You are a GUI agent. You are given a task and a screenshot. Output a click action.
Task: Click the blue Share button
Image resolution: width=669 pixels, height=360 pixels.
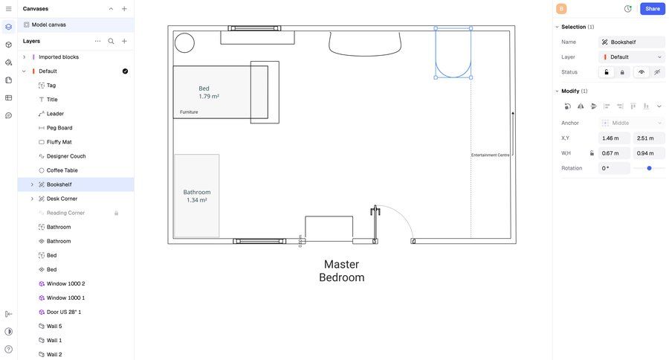coord(652,9)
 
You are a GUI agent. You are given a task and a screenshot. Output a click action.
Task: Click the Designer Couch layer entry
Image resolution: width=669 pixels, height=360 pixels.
coord(65,156)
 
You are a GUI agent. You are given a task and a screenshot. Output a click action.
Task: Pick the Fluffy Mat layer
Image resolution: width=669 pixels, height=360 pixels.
coord(59,142)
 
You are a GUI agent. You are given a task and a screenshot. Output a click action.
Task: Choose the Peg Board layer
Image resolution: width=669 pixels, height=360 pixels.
coord(59,128)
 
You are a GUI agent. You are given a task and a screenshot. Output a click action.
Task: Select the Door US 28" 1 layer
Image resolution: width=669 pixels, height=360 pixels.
coord(64,312)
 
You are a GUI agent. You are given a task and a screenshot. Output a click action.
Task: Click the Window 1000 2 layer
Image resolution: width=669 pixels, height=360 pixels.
coord(65,283)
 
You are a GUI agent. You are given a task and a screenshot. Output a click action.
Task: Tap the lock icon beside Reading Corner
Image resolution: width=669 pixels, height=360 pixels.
coord(116,213)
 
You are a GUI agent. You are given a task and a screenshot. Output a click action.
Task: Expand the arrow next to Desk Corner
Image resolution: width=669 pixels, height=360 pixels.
coord(32,199)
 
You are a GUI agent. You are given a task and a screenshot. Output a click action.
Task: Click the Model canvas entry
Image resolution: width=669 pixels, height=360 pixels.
coord(48,25)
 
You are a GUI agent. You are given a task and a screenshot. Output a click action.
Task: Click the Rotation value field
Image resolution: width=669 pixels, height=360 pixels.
coord(614,168)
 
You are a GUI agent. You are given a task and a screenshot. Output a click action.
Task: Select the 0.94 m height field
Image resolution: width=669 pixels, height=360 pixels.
coord(648,153)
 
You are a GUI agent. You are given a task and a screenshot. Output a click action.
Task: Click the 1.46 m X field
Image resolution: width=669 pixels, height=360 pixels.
coord(614,138)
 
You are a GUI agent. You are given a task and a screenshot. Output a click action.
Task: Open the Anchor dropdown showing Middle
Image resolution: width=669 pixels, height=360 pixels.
coord(632,123)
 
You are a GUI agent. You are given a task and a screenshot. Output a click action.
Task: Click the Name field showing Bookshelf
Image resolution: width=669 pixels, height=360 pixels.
coord(632,42)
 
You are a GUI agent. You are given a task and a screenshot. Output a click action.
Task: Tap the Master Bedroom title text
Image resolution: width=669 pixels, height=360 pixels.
coord(341,271)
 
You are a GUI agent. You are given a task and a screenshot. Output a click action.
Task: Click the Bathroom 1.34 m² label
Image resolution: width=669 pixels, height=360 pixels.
coord(197,196)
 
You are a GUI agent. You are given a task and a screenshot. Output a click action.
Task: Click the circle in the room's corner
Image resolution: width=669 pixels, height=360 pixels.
coord(184,43)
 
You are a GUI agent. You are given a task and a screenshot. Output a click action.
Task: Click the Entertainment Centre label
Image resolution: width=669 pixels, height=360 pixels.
coord(490,155)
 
